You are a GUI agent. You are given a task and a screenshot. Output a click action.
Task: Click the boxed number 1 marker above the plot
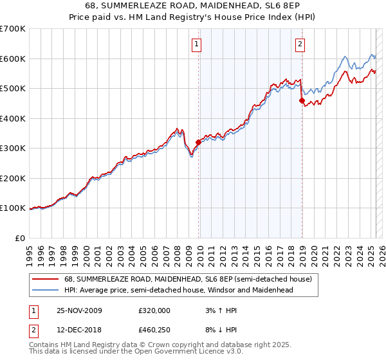(x=196, y=44)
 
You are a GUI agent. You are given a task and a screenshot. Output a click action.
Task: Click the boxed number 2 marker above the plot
(x=300, y=44)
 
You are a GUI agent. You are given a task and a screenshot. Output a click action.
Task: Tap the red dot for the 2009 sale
(x=198, y=143)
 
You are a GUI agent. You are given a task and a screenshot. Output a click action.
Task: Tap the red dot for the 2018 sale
(x=302, y=100)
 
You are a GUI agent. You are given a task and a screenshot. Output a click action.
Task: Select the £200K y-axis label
(x=14, y=178)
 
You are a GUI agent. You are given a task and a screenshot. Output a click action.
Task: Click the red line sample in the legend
(x=45, y=279)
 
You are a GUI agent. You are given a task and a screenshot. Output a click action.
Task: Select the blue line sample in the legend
(x=45, y=290)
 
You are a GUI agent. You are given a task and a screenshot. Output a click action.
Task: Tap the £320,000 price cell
(x=154, y=310)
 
